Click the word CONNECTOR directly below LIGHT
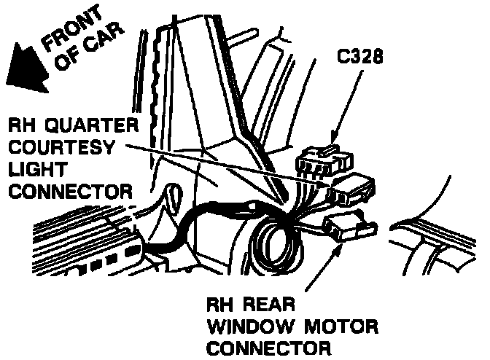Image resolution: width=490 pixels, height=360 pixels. pos(70,192)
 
